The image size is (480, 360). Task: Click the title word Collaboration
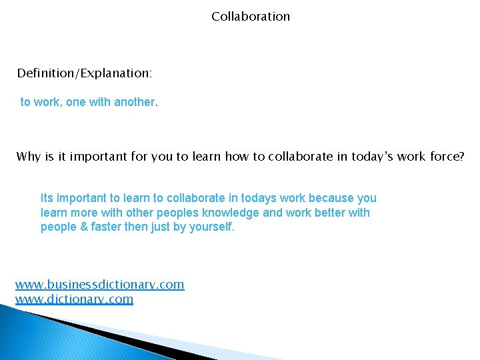coord(251,16)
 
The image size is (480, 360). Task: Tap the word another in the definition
coord(134,102)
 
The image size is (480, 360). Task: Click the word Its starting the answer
coord(48,198)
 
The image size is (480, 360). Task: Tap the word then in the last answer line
coord(139,227)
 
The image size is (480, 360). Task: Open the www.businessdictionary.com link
coord(99,285)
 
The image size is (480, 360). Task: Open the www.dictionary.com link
coord(74,299)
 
